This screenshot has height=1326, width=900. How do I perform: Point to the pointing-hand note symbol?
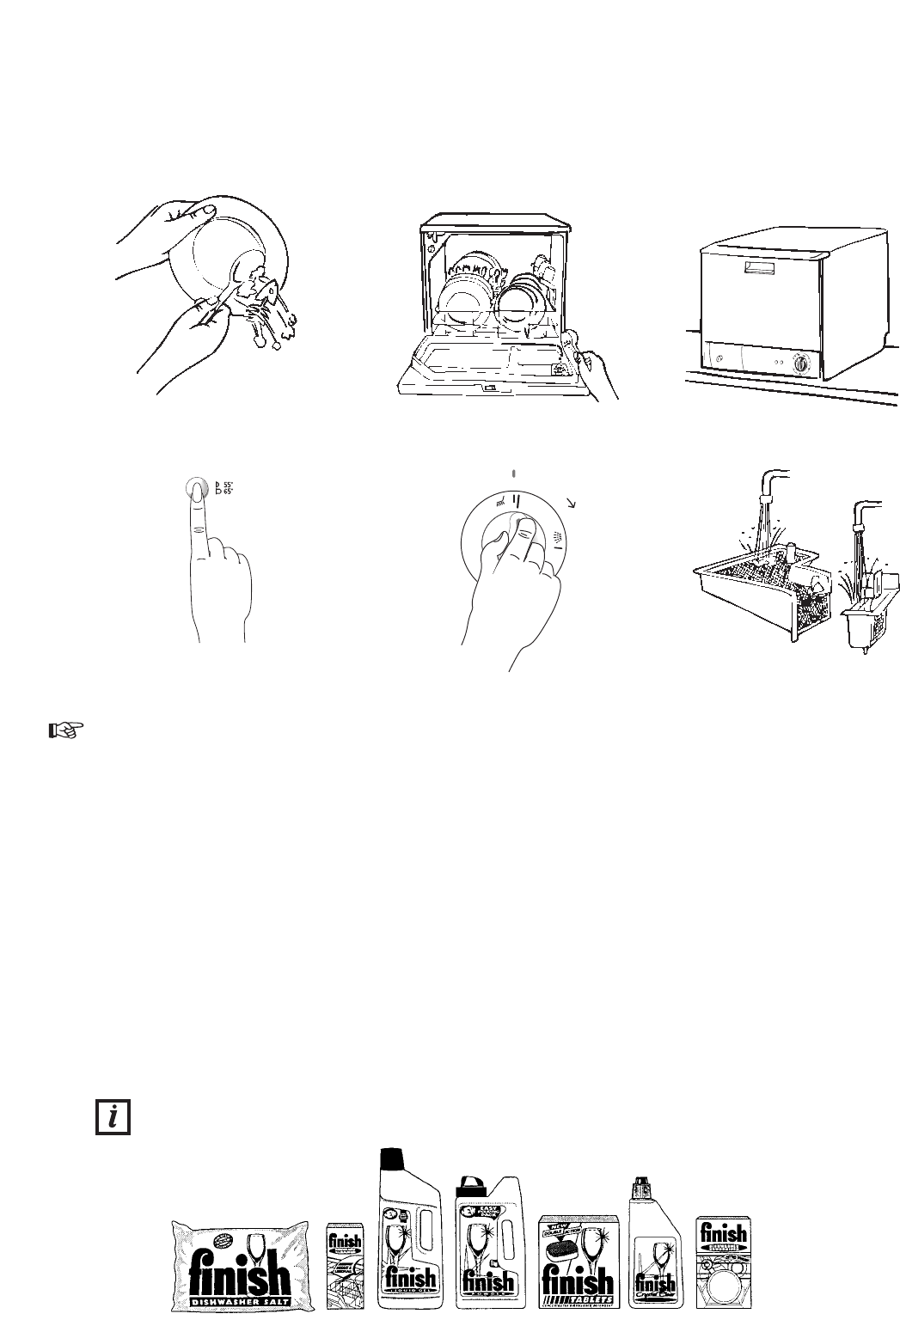click(x=65, y=730)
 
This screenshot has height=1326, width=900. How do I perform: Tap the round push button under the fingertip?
click(x=197, y=488)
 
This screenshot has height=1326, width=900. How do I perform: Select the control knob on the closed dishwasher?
click(x=801, y=364)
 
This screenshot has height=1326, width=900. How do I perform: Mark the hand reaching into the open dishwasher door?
click(x=598, y=371)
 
